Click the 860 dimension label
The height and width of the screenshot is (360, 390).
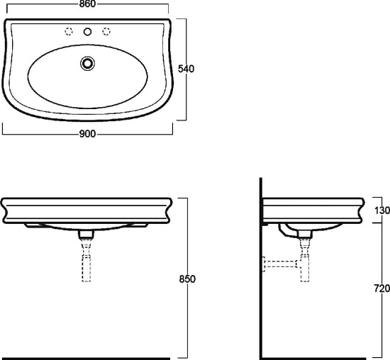point(87,4)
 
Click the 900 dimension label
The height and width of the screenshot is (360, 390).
point(87,134)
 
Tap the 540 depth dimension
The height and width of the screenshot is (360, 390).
point(186,69)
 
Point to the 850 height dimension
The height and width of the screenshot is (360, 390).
point(187,279)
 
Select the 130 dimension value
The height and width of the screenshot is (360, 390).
point(382,210)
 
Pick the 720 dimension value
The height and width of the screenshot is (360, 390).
point(382,288)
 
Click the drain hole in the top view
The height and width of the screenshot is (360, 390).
point(87,63)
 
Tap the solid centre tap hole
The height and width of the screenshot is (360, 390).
point(87,32)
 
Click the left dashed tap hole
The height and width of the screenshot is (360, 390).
point(69,32)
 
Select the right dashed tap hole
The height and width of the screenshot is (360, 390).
point(106,32)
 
